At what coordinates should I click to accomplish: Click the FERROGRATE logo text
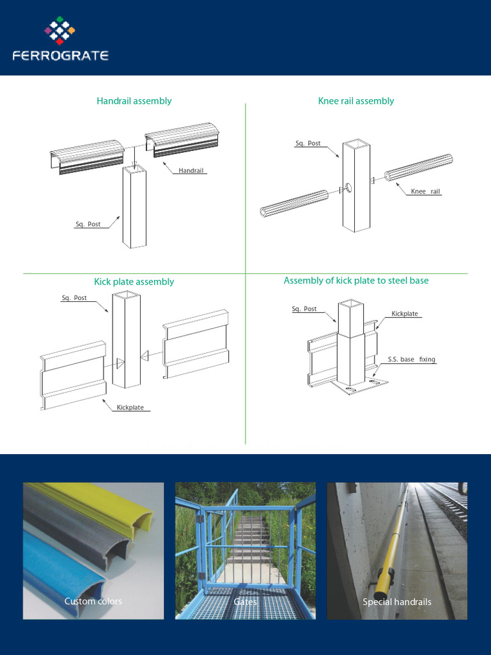61,56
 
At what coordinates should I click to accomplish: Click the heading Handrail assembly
134,101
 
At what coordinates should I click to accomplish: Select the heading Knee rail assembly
356,101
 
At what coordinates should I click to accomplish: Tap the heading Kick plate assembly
134,282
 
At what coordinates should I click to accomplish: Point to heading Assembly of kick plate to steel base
356,281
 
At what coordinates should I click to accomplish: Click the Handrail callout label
191,170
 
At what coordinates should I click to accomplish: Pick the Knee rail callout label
425,191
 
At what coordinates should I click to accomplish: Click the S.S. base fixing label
411,359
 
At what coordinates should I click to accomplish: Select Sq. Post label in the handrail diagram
88,225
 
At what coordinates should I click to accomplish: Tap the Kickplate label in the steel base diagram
405,313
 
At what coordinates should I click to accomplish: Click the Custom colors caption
93,601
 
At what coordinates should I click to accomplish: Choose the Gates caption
245,602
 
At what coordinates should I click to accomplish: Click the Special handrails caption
397,602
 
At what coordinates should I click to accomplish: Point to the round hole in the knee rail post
349,187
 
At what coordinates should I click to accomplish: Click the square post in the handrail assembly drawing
134,208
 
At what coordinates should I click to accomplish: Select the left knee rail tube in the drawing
294,204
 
